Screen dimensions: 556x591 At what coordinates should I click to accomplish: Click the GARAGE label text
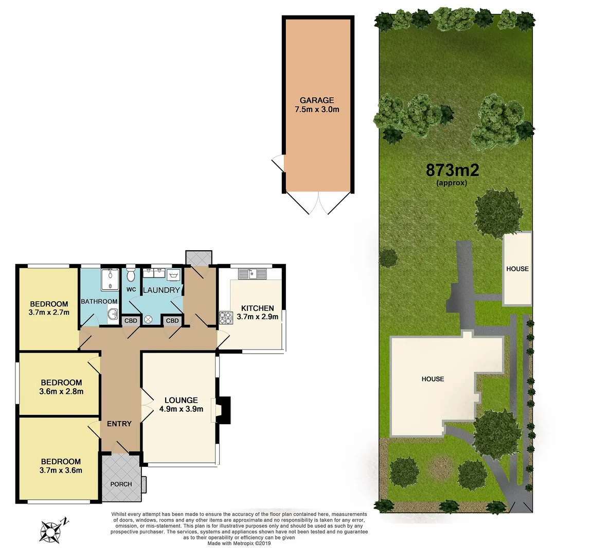(x=317, y=100)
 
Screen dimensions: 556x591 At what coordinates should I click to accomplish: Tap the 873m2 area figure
(x=452, y=170)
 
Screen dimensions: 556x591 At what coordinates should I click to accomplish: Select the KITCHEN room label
(x=257, y=308)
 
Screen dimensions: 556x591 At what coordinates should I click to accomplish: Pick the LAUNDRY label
(x=161, y=290)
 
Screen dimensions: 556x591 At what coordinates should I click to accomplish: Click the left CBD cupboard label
(x=131, y=321)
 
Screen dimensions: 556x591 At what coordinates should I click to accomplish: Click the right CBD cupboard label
(x=172, y=321)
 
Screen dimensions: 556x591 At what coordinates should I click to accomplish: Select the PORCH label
(x=121, y=484)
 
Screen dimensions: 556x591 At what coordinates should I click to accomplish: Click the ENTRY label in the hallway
(x=119, y=424)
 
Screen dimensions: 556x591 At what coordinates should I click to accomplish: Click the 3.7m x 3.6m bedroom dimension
(x=61, y=470)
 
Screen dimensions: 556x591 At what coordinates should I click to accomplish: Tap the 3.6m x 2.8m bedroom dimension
(x=61, y=391)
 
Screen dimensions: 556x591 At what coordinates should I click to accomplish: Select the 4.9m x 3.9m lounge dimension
(x=181, y=409)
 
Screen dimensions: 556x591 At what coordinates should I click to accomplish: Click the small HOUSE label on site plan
(x=517, y=269)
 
